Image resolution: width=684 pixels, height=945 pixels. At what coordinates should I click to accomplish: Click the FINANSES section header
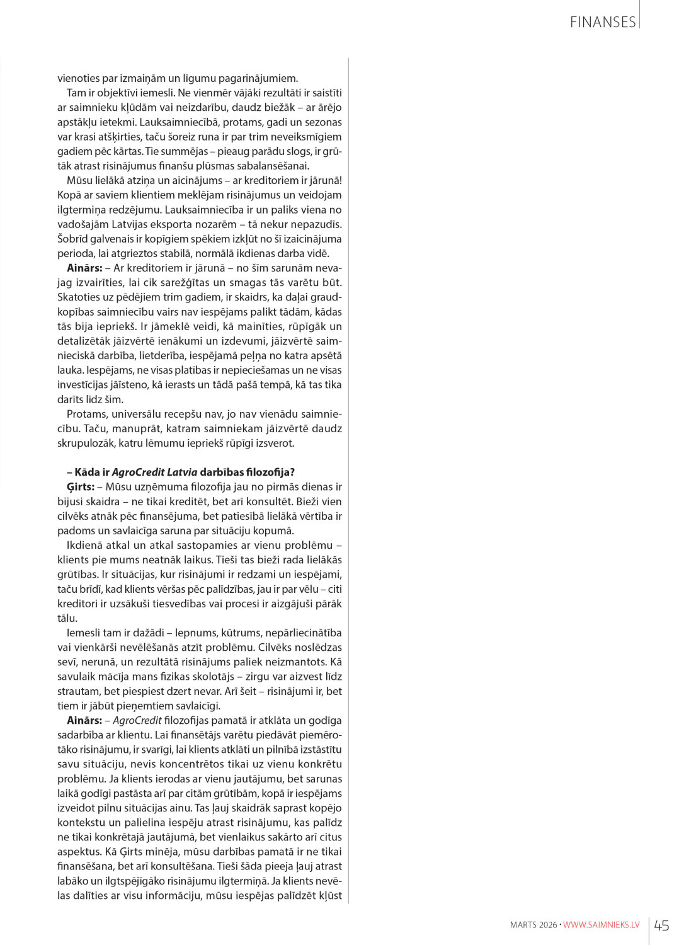click(x=602, y=22)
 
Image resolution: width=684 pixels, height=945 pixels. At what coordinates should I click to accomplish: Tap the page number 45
click(x=661, y=925)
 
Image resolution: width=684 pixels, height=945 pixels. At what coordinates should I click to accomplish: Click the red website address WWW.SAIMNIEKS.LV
click(x=601, y=925)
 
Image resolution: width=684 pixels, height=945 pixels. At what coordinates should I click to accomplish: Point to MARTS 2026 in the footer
click(x=533, y=925)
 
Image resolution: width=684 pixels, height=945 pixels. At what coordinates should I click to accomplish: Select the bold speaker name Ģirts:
click(x=81, y=487)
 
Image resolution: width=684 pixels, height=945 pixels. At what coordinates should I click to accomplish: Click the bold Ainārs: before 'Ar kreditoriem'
click(x=84, y=268)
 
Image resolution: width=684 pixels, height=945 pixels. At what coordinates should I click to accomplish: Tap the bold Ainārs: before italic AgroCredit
click(x=84, y=721)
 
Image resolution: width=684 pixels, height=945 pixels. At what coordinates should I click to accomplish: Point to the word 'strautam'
click(x=79, y=691)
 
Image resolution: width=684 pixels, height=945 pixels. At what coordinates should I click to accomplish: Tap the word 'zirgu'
click(x=259, y=677)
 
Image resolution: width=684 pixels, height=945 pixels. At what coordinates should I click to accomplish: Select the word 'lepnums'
click(x=197, y=633)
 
